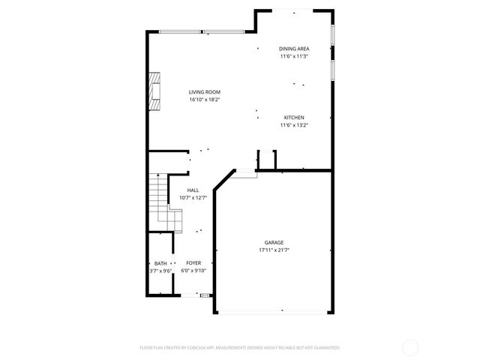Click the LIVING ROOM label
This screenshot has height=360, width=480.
point(205,92)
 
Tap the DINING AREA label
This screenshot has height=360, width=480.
point(295,49)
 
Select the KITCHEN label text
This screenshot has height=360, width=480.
point(294,118)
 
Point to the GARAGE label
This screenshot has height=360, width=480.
point(274,242)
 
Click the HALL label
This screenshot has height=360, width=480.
point(193,190)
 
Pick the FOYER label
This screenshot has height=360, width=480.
point(193,263)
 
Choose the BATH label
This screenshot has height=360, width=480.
point(160,263)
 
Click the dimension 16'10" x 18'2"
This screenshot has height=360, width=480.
point(205,100)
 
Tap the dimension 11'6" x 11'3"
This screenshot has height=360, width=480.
point(295,56)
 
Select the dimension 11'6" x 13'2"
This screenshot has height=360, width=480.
point(294,125)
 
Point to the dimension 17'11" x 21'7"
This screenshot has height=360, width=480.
point(274,250)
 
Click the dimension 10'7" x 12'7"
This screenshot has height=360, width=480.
point(193,198)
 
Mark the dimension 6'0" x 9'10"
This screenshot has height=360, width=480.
point(193,271)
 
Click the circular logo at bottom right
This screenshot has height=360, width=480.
point(410,347)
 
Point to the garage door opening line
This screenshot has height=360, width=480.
point(273,311)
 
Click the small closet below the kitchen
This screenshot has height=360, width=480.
point(267,160)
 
